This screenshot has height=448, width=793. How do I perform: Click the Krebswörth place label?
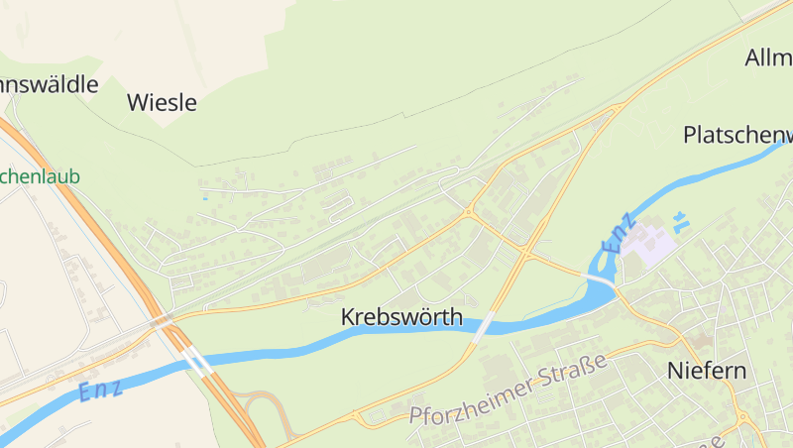point(401,317)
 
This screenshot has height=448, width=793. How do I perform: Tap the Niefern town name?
point(707,372)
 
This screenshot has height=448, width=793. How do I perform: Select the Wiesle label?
point(163,102)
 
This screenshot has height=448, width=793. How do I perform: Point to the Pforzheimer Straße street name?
point(508,393)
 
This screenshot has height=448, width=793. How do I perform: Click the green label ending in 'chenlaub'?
point(40,177)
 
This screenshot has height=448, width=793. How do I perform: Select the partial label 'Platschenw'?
point(738,135)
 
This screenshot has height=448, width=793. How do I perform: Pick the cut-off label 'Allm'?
point(768,57)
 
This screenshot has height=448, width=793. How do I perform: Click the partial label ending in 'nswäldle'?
point(50,84)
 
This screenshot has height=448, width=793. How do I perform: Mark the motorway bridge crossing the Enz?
point(197,362)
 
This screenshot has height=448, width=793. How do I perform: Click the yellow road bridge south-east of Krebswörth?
point(483,326)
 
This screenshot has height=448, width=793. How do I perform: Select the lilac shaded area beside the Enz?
point(644,242)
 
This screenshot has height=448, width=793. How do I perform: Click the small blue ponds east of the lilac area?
point(680,221)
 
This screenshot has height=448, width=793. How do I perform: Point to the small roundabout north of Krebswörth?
point(469,211)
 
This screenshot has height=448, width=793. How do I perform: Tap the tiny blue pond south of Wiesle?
point(205,197)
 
